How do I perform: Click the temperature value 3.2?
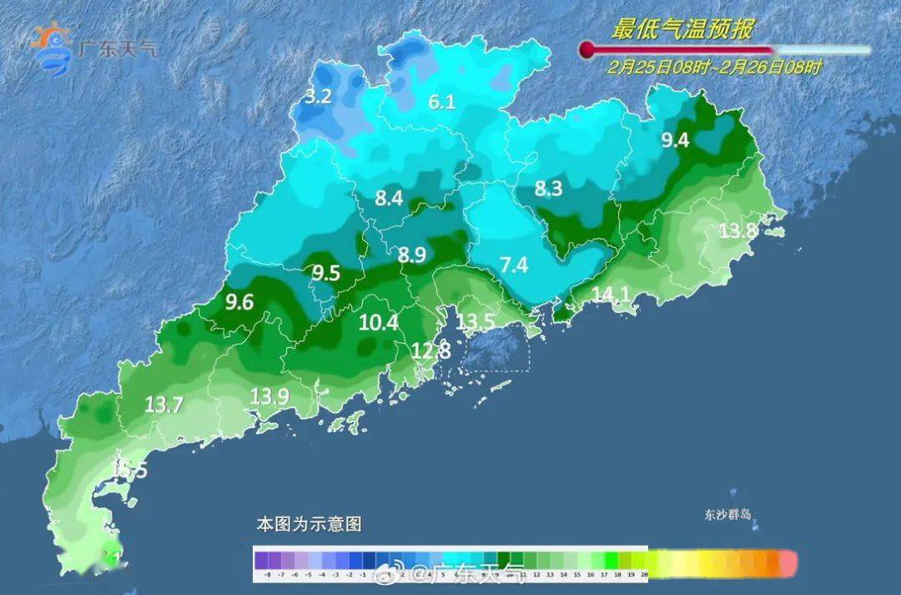(x=318, y=96)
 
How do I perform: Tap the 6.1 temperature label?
(x=442, y=103)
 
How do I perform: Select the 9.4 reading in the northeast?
(x=675, y=140)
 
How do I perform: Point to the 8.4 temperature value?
(x=389, y=199)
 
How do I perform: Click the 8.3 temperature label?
(x=548, y=189)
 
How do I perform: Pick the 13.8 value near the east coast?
(x=737, y=231)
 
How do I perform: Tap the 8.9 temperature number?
(x=412, y=255)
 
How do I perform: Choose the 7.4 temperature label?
(x=513, y=265)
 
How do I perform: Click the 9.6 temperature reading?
(x=239, y=303)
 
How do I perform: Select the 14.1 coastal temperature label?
(x=612, y=294)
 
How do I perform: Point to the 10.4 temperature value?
(x=379, y=322)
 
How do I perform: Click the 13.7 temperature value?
(x=164, y=405)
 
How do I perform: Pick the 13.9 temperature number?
(x=269, y=397)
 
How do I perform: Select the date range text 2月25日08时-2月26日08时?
(x=715, y=68)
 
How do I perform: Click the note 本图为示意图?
(x=309, y=525)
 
